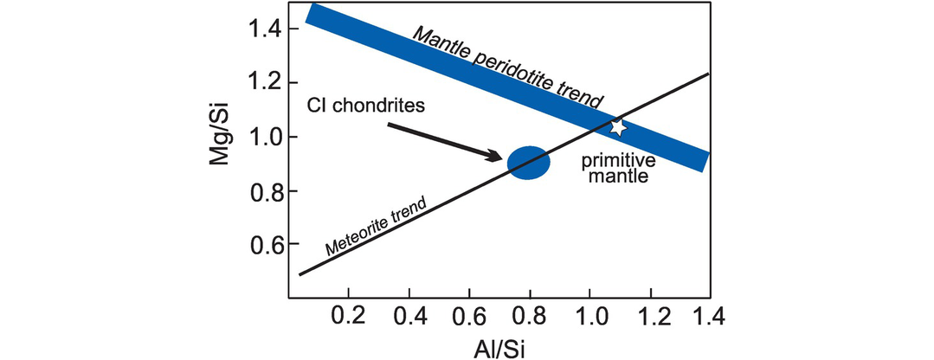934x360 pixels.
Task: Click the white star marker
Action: [x=617, y=127]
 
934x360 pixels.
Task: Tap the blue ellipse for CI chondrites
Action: [x=528, y=162]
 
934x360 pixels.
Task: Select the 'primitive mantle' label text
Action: [x=617, y=170]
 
